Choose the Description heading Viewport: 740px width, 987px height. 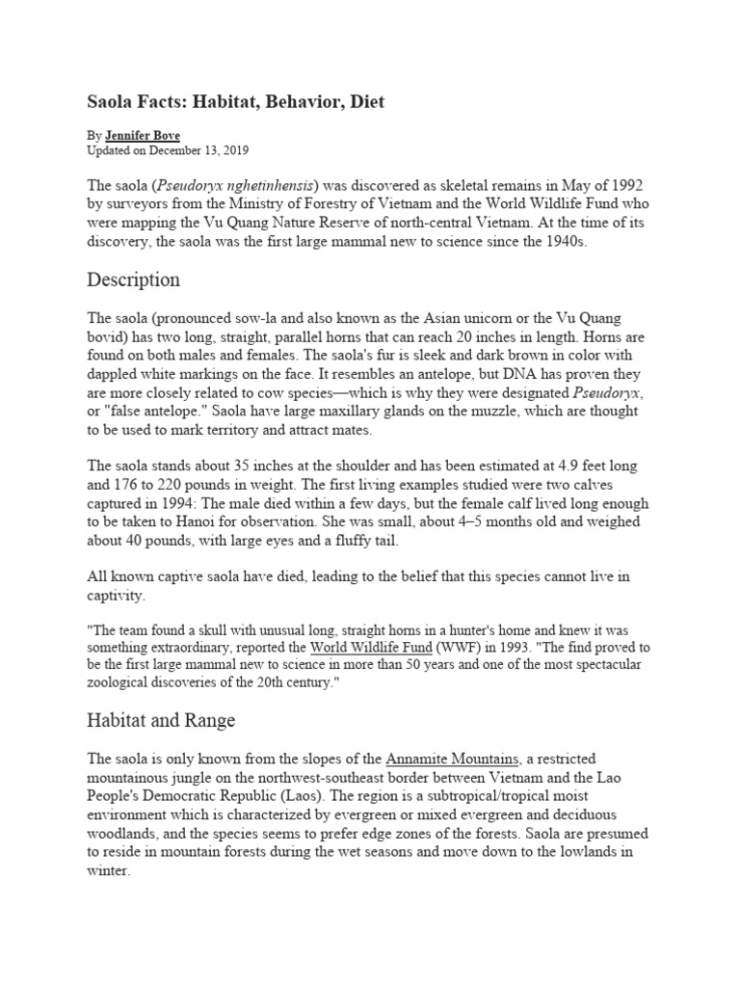[133, 280]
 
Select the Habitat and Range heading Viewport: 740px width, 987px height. [161, 721]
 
